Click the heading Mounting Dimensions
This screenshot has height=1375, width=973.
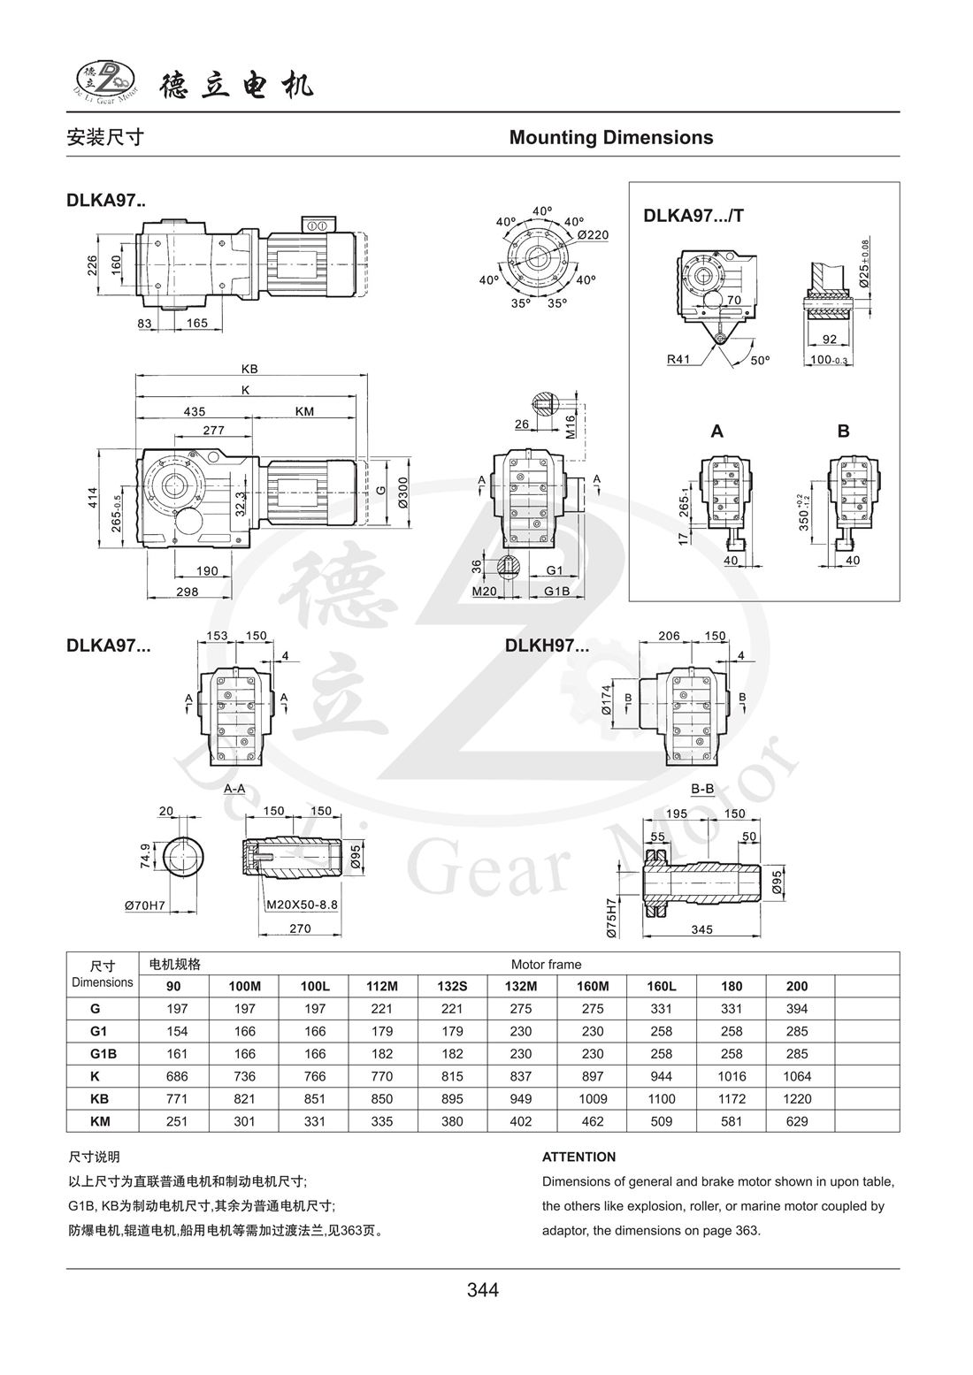pos(611,138)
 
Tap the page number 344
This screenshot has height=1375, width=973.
pos(483,1290)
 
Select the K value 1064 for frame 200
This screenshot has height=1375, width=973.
pos(796,1076)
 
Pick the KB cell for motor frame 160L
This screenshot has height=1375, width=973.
pos(661,1099)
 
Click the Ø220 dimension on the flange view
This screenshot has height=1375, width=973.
pos(593,235)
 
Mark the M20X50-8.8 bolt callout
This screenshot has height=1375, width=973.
pos(303,905)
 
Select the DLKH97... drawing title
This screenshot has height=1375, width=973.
pos(547,645)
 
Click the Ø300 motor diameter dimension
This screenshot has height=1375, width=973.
pos(403,493)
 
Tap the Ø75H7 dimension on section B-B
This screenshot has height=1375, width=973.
pos(609,918)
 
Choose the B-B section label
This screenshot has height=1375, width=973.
pos(702,789)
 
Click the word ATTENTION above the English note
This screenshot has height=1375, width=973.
pos(578,1157)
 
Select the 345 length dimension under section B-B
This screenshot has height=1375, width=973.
pos(702,929)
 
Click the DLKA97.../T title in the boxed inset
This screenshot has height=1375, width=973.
pos(693,215)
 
